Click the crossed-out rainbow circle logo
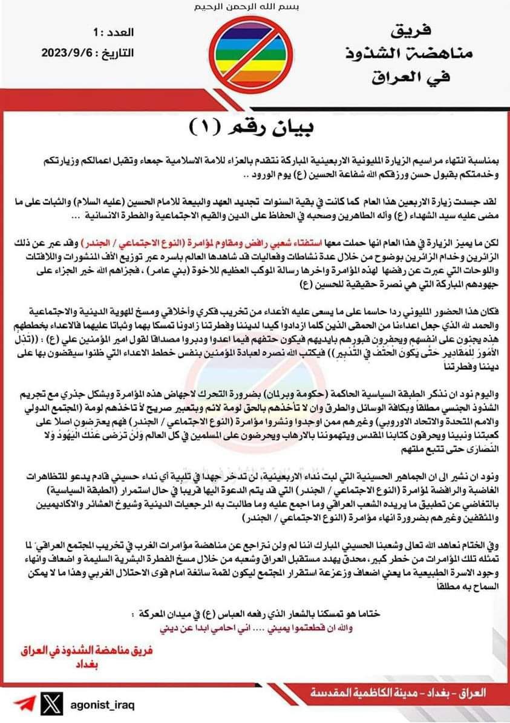click(255, 53)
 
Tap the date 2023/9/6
click(65, 53)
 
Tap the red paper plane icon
click(24, 706)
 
